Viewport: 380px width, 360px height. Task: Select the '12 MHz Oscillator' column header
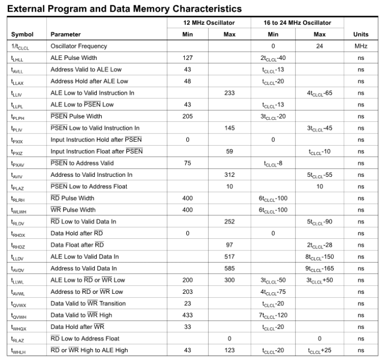click(208, 23)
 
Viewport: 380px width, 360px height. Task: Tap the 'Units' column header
click(361, 35)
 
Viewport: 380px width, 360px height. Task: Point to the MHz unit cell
click(361, 46)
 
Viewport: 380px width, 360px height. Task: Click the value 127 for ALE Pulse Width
click(188, 58)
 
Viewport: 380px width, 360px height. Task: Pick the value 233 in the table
click(229, 93)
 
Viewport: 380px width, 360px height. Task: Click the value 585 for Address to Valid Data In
click(229, 268)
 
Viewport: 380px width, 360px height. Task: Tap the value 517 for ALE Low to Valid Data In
click(229, 257)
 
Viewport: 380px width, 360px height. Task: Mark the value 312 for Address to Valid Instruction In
click(229, 175)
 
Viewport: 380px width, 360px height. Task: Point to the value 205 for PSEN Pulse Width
click(188, 116)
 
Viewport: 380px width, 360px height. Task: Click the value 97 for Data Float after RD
click(229, 245)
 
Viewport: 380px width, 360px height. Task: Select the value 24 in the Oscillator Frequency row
click(320, 46)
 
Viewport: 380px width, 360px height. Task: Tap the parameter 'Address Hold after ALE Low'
click(90, 81)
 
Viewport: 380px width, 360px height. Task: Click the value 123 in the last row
click(229, 350)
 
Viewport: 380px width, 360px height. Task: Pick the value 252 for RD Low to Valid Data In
click(229, 222)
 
